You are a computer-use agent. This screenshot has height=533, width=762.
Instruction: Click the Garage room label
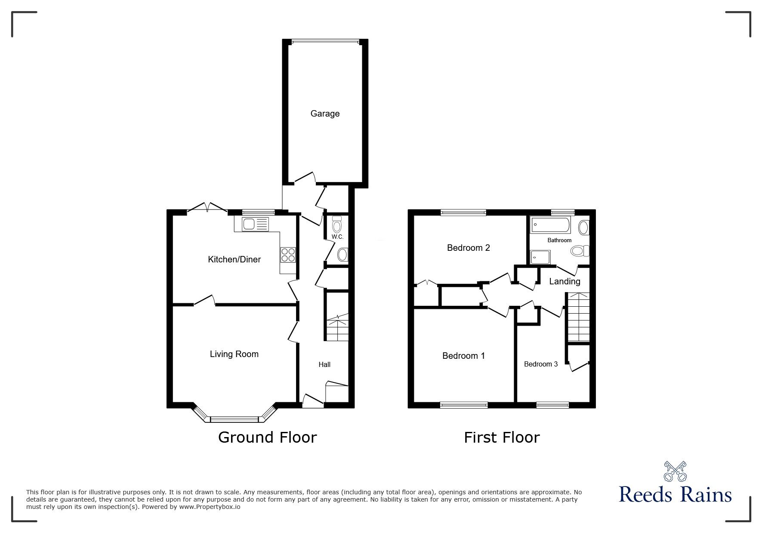pyautogui.click(x=325, y=114)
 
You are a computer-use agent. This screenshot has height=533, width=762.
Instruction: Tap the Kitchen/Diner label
pyautogui.click(x=234, y=259)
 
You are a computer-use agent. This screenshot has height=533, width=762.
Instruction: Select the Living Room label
pyautogui.click(x=234, y=354)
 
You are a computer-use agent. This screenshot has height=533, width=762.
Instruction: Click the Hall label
pyautogui.click(x=324, y=364)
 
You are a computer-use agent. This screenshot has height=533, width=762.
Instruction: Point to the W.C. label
pyautogui.click(x=337, y=237)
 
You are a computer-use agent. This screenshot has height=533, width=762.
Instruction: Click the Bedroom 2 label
pyautogui.click(x=468, y=248)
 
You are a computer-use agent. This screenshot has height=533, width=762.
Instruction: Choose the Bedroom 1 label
pyautogui.click(x=463, y=356)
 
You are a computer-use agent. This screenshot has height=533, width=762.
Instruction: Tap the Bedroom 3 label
pyautogui.click(x=540, y=364)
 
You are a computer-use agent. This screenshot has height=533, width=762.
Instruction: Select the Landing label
pyautogui.click(x=565, y=281)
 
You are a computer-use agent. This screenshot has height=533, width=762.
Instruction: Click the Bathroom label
pyautogui.click(x=559, y=240)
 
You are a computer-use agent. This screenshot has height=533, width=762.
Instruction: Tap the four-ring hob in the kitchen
pyautogui.click(x=288, y=255)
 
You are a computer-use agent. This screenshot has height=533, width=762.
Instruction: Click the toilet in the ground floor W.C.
pyautogui.click(x=337, y=225)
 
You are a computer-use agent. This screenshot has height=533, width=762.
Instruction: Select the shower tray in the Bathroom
pyautogui.click(x=540, y=257)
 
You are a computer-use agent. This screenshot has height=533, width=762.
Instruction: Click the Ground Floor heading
pyautogui.click(x=267, y=437)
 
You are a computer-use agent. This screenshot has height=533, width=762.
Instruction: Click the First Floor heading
pyautogui.click(x=502, y=437)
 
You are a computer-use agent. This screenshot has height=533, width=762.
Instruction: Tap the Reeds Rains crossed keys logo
pyautogui.click(x=675, y=471)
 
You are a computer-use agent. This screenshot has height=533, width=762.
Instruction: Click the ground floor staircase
pyautogui.click(x=337, y=329)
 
